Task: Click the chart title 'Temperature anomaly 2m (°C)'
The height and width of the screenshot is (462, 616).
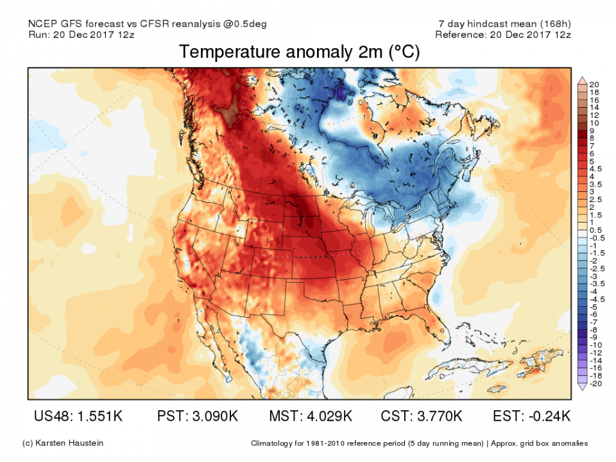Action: click(x=299, y=52)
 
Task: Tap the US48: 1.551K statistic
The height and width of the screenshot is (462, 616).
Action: click(x=78, y=416)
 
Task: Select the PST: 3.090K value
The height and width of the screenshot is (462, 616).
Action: click(x=197, y=416)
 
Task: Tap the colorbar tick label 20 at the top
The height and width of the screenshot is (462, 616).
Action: click(x=595, y=84)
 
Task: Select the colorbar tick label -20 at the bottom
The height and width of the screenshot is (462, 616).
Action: click(x=596, y=384)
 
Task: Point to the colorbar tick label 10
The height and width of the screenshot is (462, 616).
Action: click(x=595, y=123)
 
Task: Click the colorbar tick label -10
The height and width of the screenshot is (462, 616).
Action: click(x=596, y=345)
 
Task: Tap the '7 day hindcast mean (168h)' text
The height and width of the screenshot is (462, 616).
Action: click(x=503, y=24)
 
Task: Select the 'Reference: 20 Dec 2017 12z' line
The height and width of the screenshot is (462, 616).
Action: click(x=502, y=34)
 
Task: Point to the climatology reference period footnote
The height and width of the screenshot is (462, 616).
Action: click(x=419, y=443)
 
